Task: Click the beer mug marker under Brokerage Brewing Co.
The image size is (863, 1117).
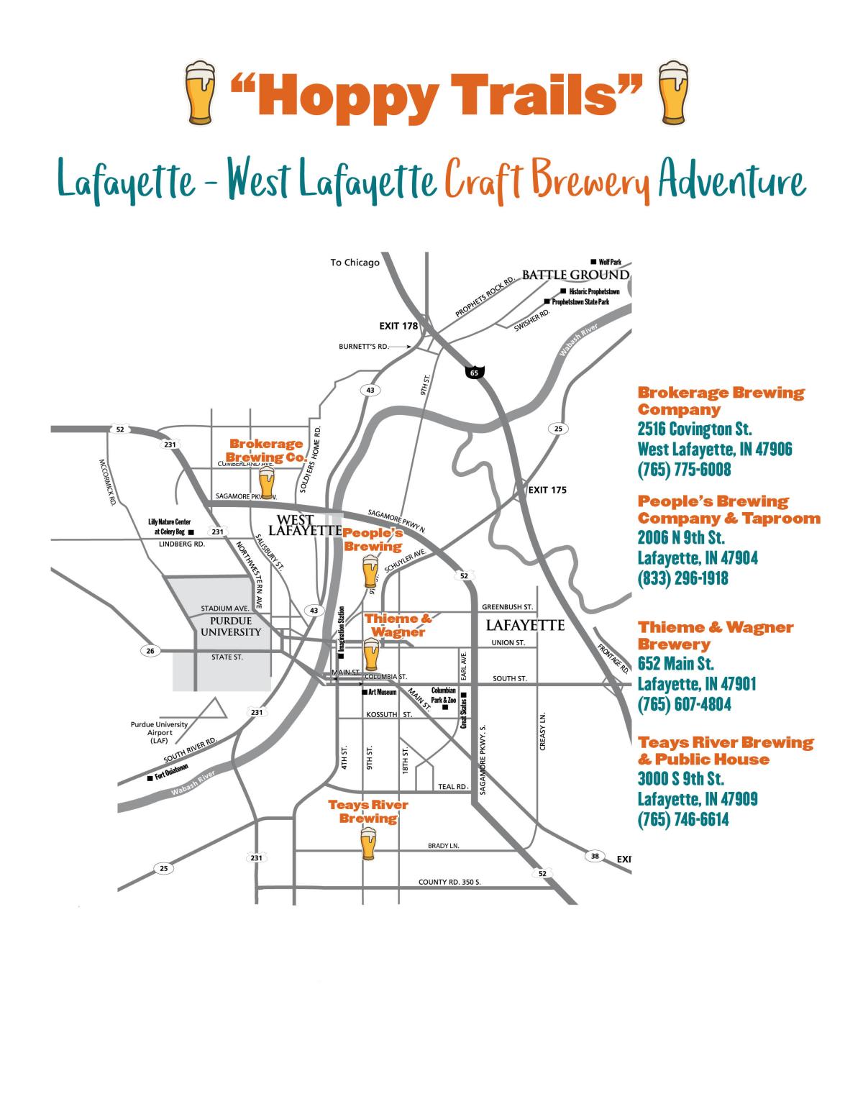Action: tap(267, 483)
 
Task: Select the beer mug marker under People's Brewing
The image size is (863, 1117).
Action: tap(370, 572)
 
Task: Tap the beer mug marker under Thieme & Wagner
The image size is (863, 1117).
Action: tap(370, 655)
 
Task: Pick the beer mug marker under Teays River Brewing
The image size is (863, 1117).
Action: tap(368, 844)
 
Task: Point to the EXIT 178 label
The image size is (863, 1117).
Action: tap(398, 326)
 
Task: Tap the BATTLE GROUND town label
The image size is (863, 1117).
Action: tap(575, 275)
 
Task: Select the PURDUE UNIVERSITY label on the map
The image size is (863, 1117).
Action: tap(231, 626)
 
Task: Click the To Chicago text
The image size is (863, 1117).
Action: tap(355, 263)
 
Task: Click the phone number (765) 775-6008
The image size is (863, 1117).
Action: tap(684, 470)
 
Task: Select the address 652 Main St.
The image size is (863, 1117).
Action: tap(675, 663)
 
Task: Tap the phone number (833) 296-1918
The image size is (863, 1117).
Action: tap(682, 578)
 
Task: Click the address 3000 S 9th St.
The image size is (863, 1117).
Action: tap(680, 779)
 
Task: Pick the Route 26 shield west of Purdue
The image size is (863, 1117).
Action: tap(150, 651)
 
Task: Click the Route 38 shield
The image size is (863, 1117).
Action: tap(595, 856)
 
